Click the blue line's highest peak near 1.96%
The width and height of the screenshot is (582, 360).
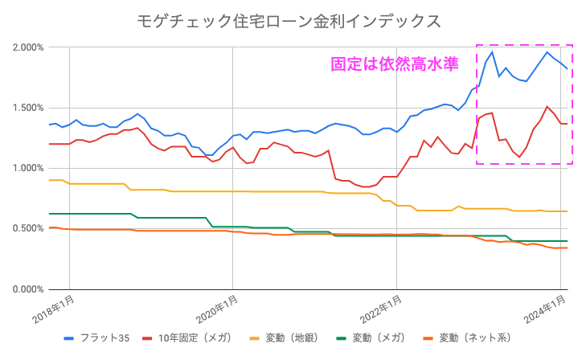[491, 52]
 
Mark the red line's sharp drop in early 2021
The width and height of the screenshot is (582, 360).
[332, 165]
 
